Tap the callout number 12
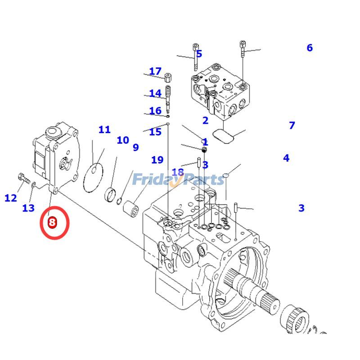(x=11, y=198)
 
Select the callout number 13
(x=28, y=208)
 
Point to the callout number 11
(x=104, y=130)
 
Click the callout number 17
(x=155, y=71)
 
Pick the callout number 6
(x=310, y=48)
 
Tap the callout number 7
(x=292, y=126)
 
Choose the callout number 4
(x=286, y=158)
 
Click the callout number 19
(x=157, y=160)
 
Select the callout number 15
(x=155, y=132)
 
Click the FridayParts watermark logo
(x=178, y=180)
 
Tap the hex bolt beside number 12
(x=24, y=178)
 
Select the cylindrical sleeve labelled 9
(x=131, y=209)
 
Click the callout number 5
(x=199, y=54)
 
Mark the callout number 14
(x=155, y=93)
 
